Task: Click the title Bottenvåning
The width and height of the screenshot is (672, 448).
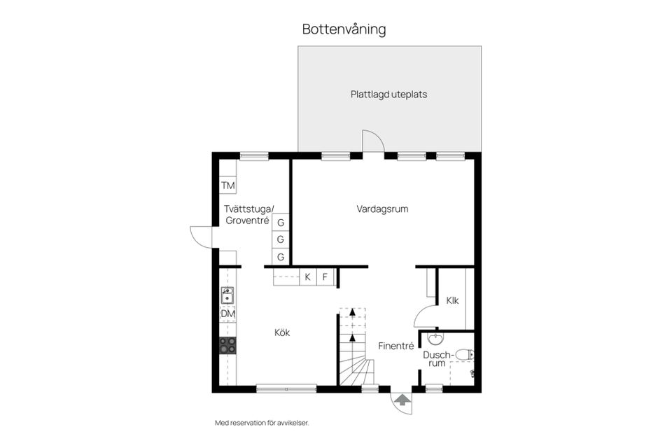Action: (344, 29)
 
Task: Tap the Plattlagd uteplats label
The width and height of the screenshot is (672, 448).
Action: (388, 94)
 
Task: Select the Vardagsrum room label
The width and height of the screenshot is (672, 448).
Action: (382, 209)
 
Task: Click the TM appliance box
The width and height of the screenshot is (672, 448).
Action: (227, 185)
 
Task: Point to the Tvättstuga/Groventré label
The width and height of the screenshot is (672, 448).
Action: (249, 214)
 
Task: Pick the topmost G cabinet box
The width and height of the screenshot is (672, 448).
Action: (281, 223)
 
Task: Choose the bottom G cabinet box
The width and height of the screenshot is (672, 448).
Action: (281, 257)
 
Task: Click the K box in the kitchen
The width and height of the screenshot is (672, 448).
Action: (307, 277)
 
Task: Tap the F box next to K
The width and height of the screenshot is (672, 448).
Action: (325, 277)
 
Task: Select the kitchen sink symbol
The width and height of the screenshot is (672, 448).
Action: (227, 297)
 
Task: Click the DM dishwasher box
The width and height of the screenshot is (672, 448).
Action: (227, 314)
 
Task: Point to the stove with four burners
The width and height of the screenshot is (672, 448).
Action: (227, 344)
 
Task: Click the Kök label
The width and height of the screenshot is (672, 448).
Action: (282, 332)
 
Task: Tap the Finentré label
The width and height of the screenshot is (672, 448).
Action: (397, 346)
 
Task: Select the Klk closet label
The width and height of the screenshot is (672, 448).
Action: (452, 300)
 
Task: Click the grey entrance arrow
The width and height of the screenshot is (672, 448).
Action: (402, 400)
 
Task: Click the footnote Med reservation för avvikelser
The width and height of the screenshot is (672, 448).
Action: (261, 423)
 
